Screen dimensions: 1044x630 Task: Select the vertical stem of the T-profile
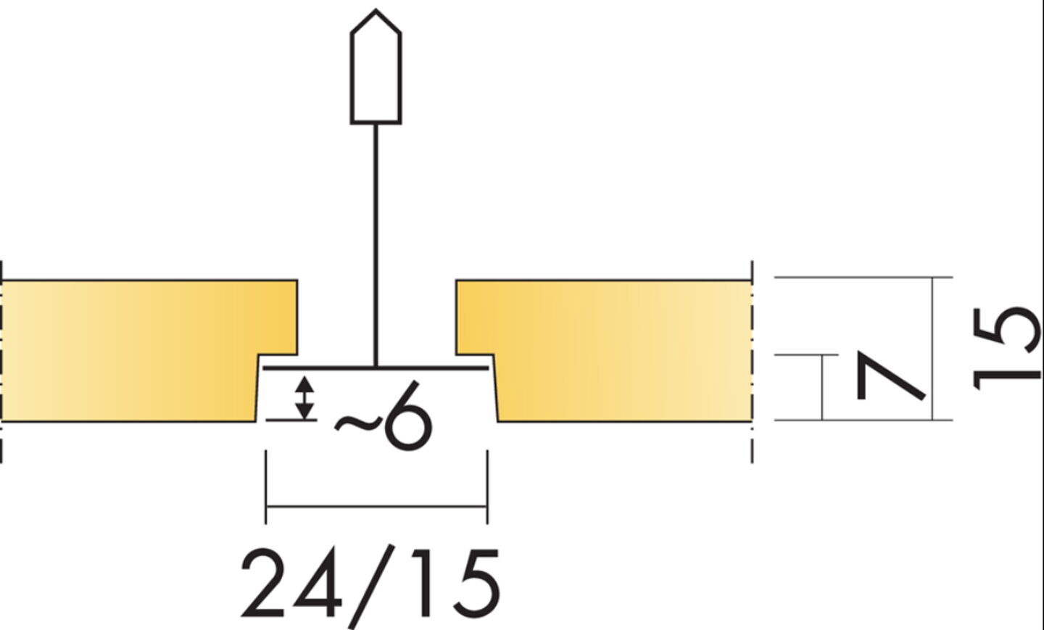(376, 246)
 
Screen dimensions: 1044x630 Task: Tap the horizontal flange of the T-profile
(376, 368)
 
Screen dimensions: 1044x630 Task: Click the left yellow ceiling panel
(140, 350)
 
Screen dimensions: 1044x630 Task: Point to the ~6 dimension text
(382, 415)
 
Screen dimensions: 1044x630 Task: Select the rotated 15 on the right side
(1007, 349)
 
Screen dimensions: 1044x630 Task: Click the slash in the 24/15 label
(371, 587)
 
